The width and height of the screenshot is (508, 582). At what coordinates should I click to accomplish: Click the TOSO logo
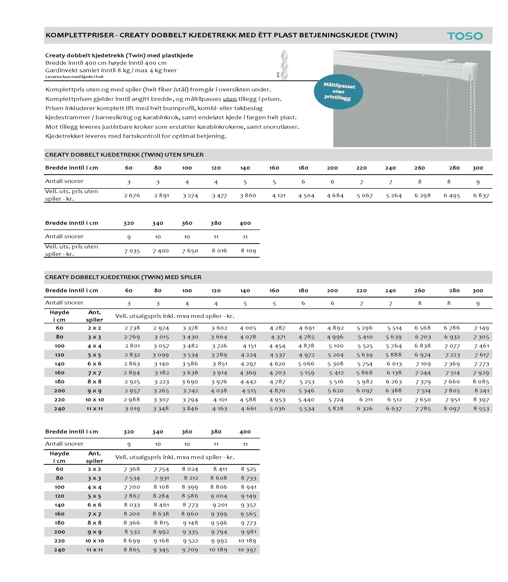465,36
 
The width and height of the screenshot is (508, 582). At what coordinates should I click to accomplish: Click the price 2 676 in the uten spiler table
132,195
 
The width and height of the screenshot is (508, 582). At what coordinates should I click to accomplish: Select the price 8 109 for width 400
248,251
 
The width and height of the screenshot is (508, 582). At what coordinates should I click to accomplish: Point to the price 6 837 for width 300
481,195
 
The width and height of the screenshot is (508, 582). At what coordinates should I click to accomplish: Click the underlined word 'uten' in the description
230,99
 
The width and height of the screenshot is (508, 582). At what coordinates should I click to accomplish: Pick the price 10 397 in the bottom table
247,550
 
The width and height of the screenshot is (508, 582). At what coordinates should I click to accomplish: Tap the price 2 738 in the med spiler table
132,328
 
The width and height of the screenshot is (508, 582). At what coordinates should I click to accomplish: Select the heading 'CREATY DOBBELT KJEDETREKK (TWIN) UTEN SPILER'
124,155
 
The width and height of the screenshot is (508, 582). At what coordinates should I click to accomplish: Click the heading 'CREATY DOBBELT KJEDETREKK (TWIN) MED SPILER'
123,277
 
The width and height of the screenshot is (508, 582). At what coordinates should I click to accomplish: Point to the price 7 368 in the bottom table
132,469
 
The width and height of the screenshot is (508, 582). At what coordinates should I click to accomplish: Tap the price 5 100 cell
336,346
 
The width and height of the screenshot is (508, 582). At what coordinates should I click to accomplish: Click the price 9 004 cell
219,496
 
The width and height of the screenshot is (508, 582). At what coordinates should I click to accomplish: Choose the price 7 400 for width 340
161,251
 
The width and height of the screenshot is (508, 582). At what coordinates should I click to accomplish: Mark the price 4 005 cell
248,328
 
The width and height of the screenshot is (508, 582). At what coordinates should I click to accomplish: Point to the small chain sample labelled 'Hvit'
284,65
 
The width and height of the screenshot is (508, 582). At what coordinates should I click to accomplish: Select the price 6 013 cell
394,364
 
